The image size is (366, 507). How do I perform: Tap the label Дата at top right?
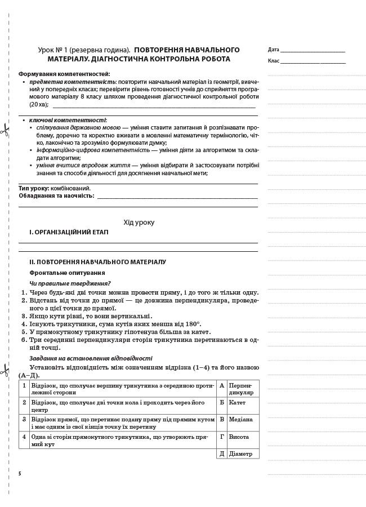274,50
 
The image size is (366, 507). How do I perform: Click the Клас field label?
274,60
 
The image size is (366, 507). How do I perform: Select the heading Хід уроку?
139,223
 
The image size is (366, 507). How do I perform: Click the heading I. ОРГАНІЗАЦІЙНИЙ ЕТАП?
69,232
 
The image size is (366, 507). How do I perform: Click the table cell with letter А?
222,385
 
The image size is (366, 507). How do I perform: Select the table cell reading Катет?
237,402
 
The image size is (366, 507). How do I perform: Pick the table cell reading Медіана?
240,419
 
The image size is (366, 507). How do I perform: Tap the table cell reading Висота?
239,437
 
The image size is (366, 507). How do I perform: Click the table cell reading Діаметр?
240,453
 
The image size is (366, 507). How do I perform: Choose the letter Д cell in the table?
222,453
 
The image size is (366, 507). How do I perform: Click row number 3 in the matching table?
24,419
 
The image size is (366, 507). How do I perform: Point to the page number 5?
20,474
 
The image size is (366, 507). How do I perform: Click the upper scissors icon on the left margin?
4,132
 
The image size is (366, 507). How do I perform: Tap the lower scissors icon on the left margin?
4,371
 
